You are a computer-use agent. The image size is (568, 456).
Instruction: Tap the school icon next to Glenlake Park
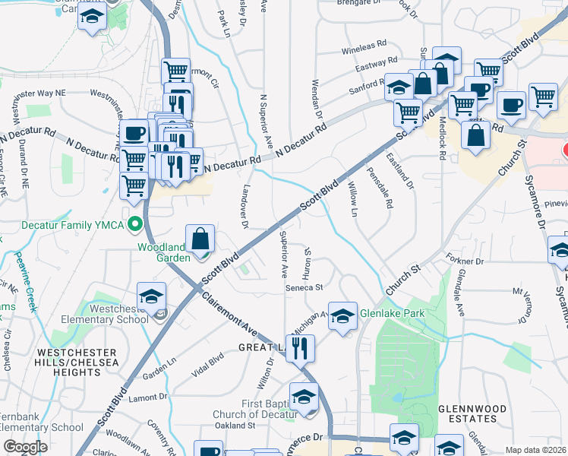coord(342,315)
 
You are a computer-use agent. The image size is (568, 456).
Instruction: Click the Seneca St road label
coord(305,288)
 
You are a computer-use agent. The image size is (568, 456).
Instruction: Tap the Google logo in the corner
coord(25,447)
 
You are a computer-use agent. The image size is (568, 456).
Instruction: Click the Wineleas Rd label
coord(364,47)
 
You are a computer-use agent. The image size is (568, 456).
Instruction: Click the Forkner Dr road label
coord(465,261)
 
